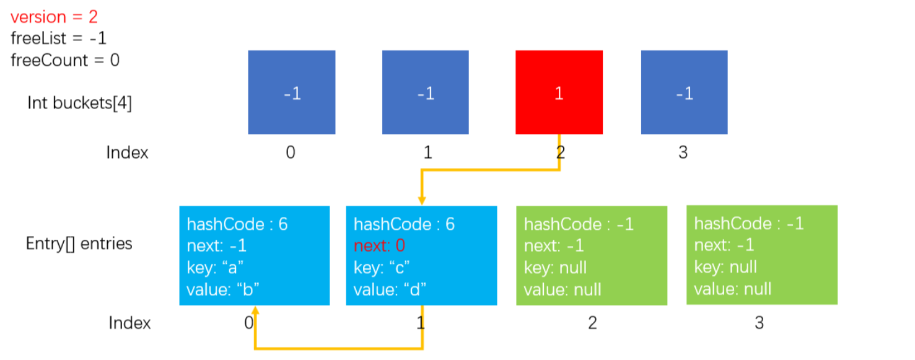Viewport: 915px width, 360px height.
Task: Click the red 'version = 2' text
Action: pyautogui.click(x=54, y=17)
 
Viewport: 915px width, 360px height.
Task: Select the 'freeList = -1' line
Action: pyautogui.click(x=58, y=38)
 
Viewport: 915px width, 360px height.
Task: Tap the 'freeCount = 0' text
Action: pyautogui.click(x=65, y=61)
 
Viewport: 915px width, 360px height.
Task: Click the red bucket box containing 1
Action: pyautogui.click(x=559, y=92)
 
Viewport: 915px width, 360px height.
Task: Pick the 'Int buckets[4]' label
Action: pyautogui.click(x=80, y=103)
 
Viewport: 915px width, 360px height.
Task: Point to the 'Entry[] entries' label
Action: pyautogui.click(x=79, y=244)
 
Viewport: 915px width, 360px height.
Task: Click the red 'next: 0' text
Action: pyautogui.click(x=379, y=245)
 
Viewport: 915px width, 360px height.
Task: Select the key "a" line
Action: pyautogui.click(x=215, y=268)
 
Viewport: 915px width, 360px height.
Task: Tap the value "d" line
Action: pyautogui.click(x=389, y=290)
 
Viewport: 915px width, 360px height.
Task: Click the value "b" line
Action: pyautogui.click(x=222, y=290)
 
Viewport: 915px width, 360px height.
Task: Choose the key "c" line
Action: pyautogui.click(x=382, y=268)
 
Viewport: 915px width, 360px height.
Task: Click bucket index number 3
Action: pyautogui.click(x=683, y=152)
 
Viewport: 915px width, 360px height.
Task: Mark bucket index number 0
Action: pyautogui.click(x=291, y=152)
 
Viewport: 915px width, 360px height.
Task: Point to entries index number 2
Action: pyautogui.click(x=592, y=323)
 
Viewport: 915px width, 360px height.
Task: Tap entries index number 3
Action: pyautogui.click(x=759, y=323)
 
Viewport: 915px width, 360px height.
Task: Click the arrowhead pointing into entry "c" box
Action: pyautogui.click(x=422, y=201)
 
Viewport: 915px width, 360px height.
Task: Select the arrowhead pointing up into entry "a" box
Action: pyautogui.click(x=255, y=310)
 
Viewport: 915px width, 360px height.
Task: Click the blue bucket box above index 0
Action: pyautogui.click(x=292, y=92)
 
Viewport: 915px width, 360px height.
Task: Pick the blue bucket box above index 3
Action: pyautogui.click(x=684, y=92)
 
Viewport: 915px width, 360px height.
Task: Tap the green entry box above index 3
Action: pyautogui.click(x=762, y=255)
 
